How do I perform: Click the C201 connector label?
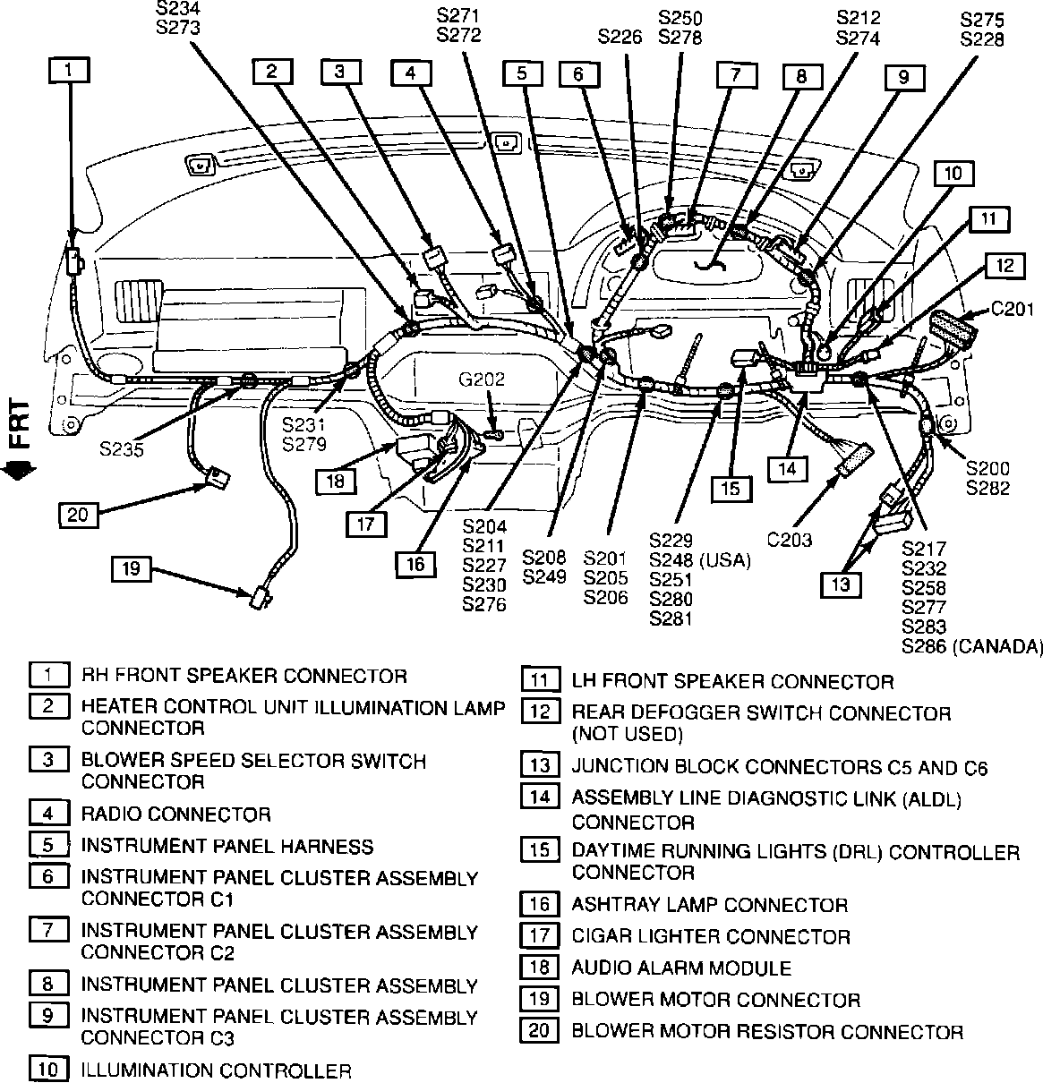pyautogui.click(x=1012, y=310)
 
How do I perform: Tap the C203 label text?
pyautogui.click(x=790, y=539)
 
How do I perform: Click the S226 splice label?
pyautogui.click(x=620, y=37)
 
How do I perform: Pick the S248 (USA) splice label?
pyautogui.click(x=700, y=560)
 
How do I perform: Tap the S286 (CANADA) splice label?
pyautogui.click(x=972, y=646)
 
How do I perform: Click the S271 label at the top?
pyautogui.click(x=458, y=16)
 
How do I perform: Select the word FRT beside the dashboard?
pyautogui.click(x=19, y=423)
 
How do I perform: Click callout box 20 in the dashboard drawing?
pyautogui.click(x=79, y=515)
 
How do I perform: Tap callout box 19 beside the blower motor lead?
pyautogui.click(x=132, y=568)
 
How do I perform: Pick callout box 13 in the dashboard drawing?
pyautogui.click(x=841, y=584)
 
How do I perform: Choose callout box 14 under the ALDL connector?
pyautogui.click(x=785, y=467)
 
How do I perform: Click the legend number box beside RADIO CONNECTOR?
pyautogui.click(x=47, y=813)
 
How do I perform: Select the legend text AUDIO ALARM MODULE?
pyautogui.click(x=681, y=968)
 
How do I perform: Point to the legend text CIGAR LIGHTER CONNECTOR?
pyautogui.click(x=711, y=936)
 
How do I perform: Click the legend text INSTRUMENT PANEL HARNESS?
pyautogui.click(x=227, y=846)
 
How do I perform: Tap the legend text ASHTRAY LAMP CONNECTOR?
pyautogui.click(x=709, y=905)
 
